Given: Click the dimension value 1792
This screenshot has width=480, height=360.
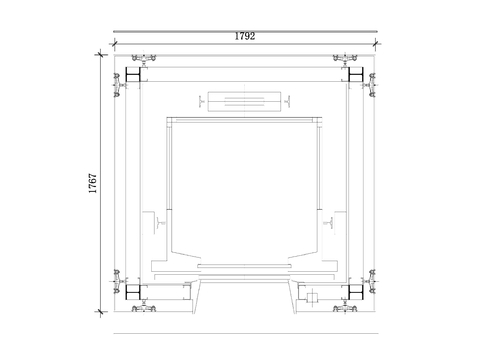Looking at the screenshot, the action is pos(245,36).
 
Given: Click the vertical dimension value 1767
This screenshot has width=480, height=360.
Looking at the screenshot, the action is pos(93,183).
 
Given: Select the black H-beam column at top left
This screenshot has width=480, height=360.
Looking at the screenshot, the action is pos(133,75).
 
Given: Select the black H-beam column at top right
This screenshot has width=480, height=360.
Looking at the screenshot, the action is pos(356,75).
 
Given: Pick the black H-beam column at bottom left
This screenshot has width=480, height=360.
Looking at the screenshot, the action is pos(133,292).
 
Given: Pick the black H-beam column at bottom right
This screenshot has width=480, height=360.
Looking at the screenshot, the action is pos(356,292).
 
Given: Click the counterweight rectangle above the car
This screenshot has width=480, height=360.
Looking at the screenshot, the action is pos(245,101).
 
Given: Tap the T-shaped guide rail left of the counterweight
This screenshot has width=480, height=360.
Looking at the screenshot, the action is pos(201,101).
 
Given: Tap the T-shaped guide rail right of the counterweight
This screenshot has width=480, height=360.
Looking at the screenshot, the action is pos(288,101).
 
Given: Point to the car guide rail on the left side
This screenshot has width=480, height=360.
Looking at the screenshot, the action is pos(161,222).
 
